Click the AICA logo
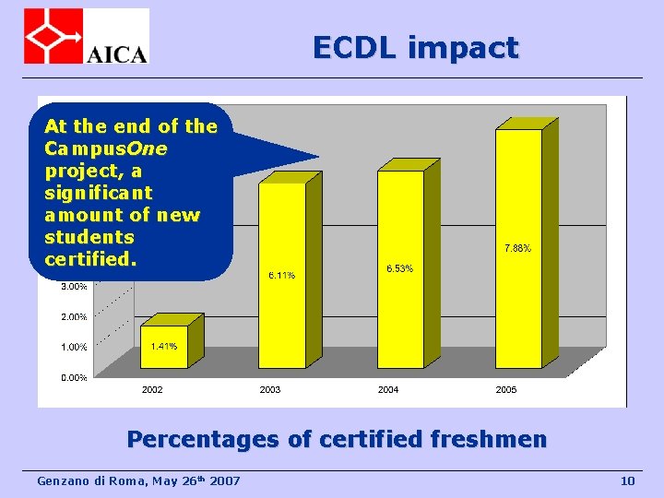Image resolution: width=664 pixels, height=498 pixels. pos(86,36)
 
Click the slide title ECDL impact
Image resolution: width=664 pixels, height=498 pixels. pos(415,47)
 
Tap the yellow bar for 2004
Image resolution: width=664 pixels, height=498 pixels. pos(400,267)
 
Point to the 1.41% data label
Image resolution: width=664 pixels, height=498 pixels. pos(164,347)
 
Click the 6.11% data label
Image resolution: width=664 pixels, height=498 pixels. pos(281,275)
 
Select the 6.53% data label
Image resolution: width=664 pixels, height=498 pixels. pos(399,268)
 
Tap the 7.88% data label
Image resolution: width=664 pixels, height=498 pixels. pos(517,247)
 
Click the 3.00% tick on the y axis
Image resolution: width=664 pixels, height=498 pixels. pos(74,286)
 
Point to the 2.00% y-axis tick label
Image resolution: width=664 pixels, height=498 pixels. pos(74,316)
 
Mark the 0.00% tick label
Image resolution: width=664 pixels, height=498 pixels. pos(74,377)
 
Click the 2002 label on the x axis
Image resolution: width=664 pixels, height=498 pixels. pos(152,390)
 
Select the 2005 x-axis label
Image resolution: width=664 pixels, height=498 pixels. pos(506,390)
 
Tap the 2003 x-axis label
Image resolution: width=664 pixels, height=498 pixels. pos(270,390)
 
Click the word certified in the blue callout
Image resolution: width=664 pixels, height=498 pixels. pos(89,259)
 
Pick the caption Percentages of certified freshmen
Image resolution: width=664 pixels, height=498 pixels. pos(336,439)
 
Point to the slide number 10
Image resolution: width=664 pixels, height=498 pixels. pos(628,480)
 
